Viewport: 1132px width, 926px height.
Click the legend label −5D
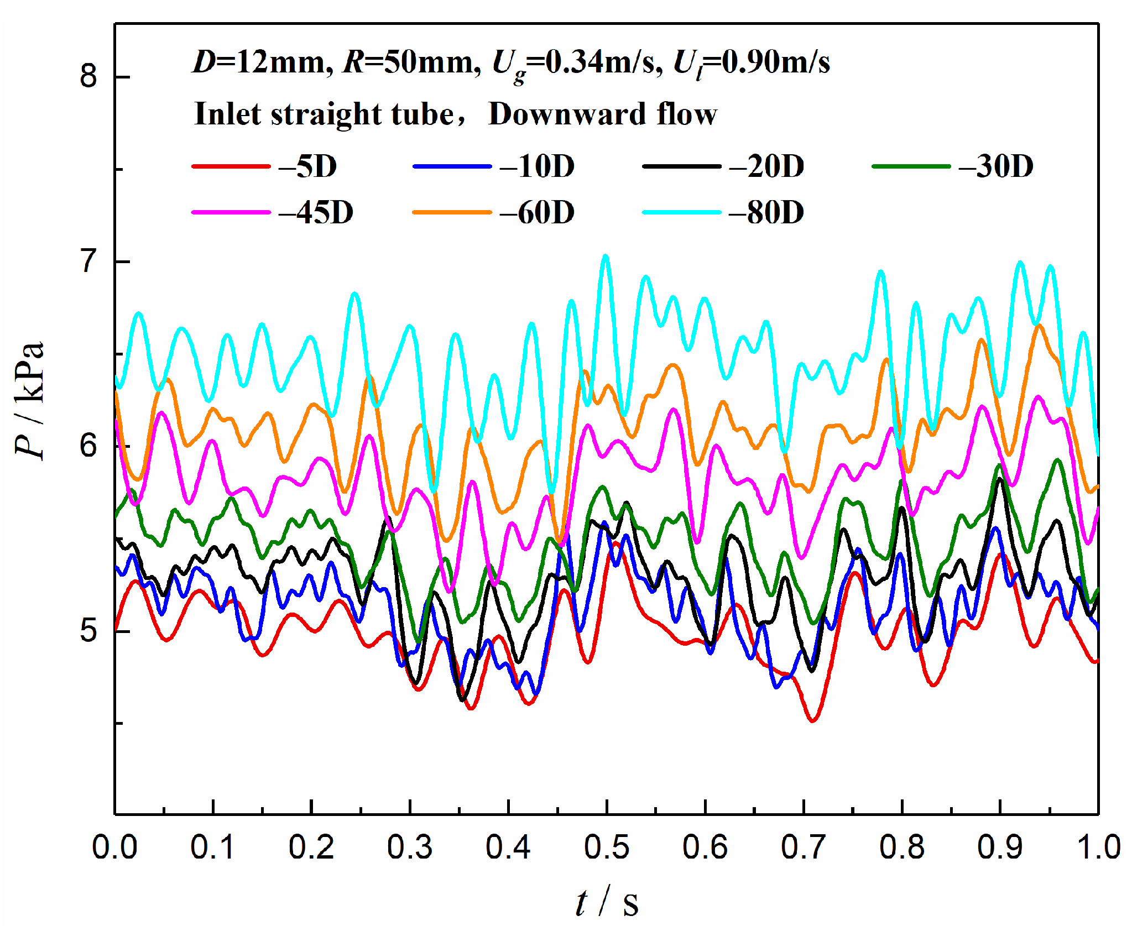308,166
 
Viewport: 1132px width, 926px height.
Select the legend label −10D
537,166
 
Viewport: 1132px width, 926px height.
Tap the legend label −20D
766,166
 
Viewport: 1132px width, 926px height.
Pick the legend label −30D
995,166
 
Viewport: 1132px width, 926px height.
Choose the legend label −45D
316,212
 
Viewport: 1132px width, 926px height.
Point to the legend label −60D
537,212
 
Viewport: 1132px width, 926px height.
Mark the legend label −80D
766,212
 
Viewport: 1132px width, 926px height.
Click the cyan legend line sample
681,212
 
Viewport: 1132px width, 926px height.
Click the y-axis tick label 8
88,76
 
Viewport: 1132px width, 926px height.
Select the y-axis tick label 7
88,261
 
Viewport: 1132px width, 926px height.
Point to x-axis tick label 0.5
607,847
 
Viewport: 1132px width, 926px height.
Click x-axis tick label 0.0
114,847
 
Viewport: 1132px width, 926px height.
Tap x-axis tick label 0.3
410,847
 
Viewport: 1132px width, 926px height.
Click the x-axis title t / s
607,902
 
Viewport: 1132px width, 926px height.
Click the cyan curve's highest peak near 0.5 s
606,256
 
